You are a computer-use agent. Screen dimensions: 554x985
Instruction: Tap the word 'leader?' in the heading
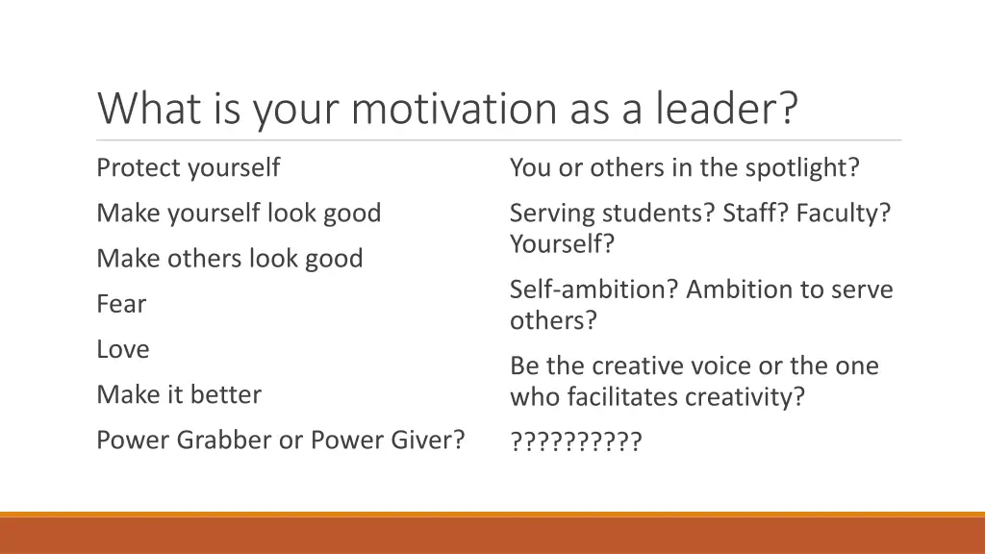(727, 109)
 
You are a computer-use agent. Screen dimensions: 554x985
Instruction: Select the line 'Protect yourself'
(188, 168)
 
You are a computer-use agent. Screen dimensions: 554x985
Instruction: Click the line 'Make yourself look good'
(239, 214)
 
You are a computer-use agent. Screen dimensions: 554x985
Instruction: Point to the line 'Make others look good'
(229, 259)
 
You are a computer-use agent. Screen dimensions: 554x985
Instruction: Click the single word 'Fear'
(121, 304)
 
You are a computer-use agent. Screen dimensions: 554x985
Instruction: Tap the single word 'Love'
(123, 349)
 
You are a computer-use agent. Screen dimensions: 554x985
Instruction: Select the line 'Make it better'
(178, 394)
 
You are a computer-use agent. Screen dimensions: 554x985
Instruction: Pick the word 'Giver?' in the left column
(427, 440)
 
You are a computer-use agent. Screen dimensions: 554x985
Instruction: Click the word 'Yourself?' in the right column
(562, 244)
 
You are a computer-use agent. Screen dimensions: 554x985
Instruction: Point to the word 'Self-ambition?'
(594, 290)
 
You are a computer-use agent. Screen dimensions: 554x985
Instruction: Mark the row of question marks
(575, 441)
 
